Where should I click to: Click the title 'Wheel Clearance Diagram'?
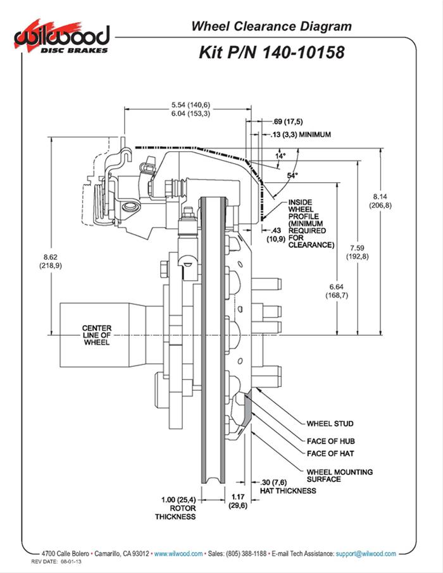click(271, 26)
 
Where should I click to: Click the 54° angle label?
click(292, 176)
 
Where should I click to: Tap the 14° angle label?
click(280, 154)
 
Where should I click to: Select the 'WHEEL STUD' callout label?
click(330, 424)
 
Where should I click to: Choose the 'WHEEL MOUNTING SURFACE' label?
click(339, 476)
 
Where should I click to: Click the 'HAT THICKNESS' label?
click(287, 491)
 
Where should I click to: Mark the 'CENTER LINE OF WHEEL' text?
click(97, 335)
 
